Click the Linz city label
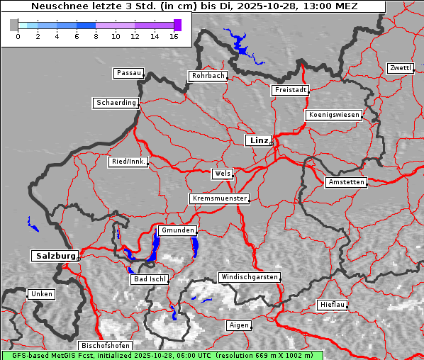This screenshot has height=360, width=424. tap(259, 140)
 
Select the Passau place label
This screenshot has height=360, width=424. tap(128, 73)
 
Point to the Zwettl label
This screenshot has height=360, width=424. tap(400, 68)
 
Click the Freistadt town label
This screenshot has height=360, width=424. tap(290, 90)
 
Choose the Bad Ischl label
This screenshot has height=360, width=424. tap(149, 279)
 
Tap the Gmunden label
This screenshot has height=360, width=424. tap(177, 230)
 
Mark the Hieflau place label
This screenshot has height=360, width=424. tap(333, 305)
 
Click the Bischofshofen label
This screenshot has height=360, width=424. tap(104, 346)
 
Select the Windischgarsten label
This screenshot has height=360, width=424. tap(249, 277)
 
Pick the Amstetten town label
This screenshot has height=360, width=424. tap(346, 182)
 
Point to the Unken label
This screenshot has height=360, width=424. tap(41, 294)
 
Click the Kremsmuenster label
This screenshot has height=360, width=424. tap(220, 198)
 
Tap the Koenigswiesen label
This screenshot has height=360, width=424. tap(334, 115)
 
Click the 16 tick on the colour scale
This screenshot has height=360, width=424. tap(174, 35)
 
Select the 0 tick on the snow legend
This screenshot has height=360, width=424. tap(18, 35)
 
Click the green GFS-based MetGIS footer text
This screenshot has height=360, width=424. tap(162, 355)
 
